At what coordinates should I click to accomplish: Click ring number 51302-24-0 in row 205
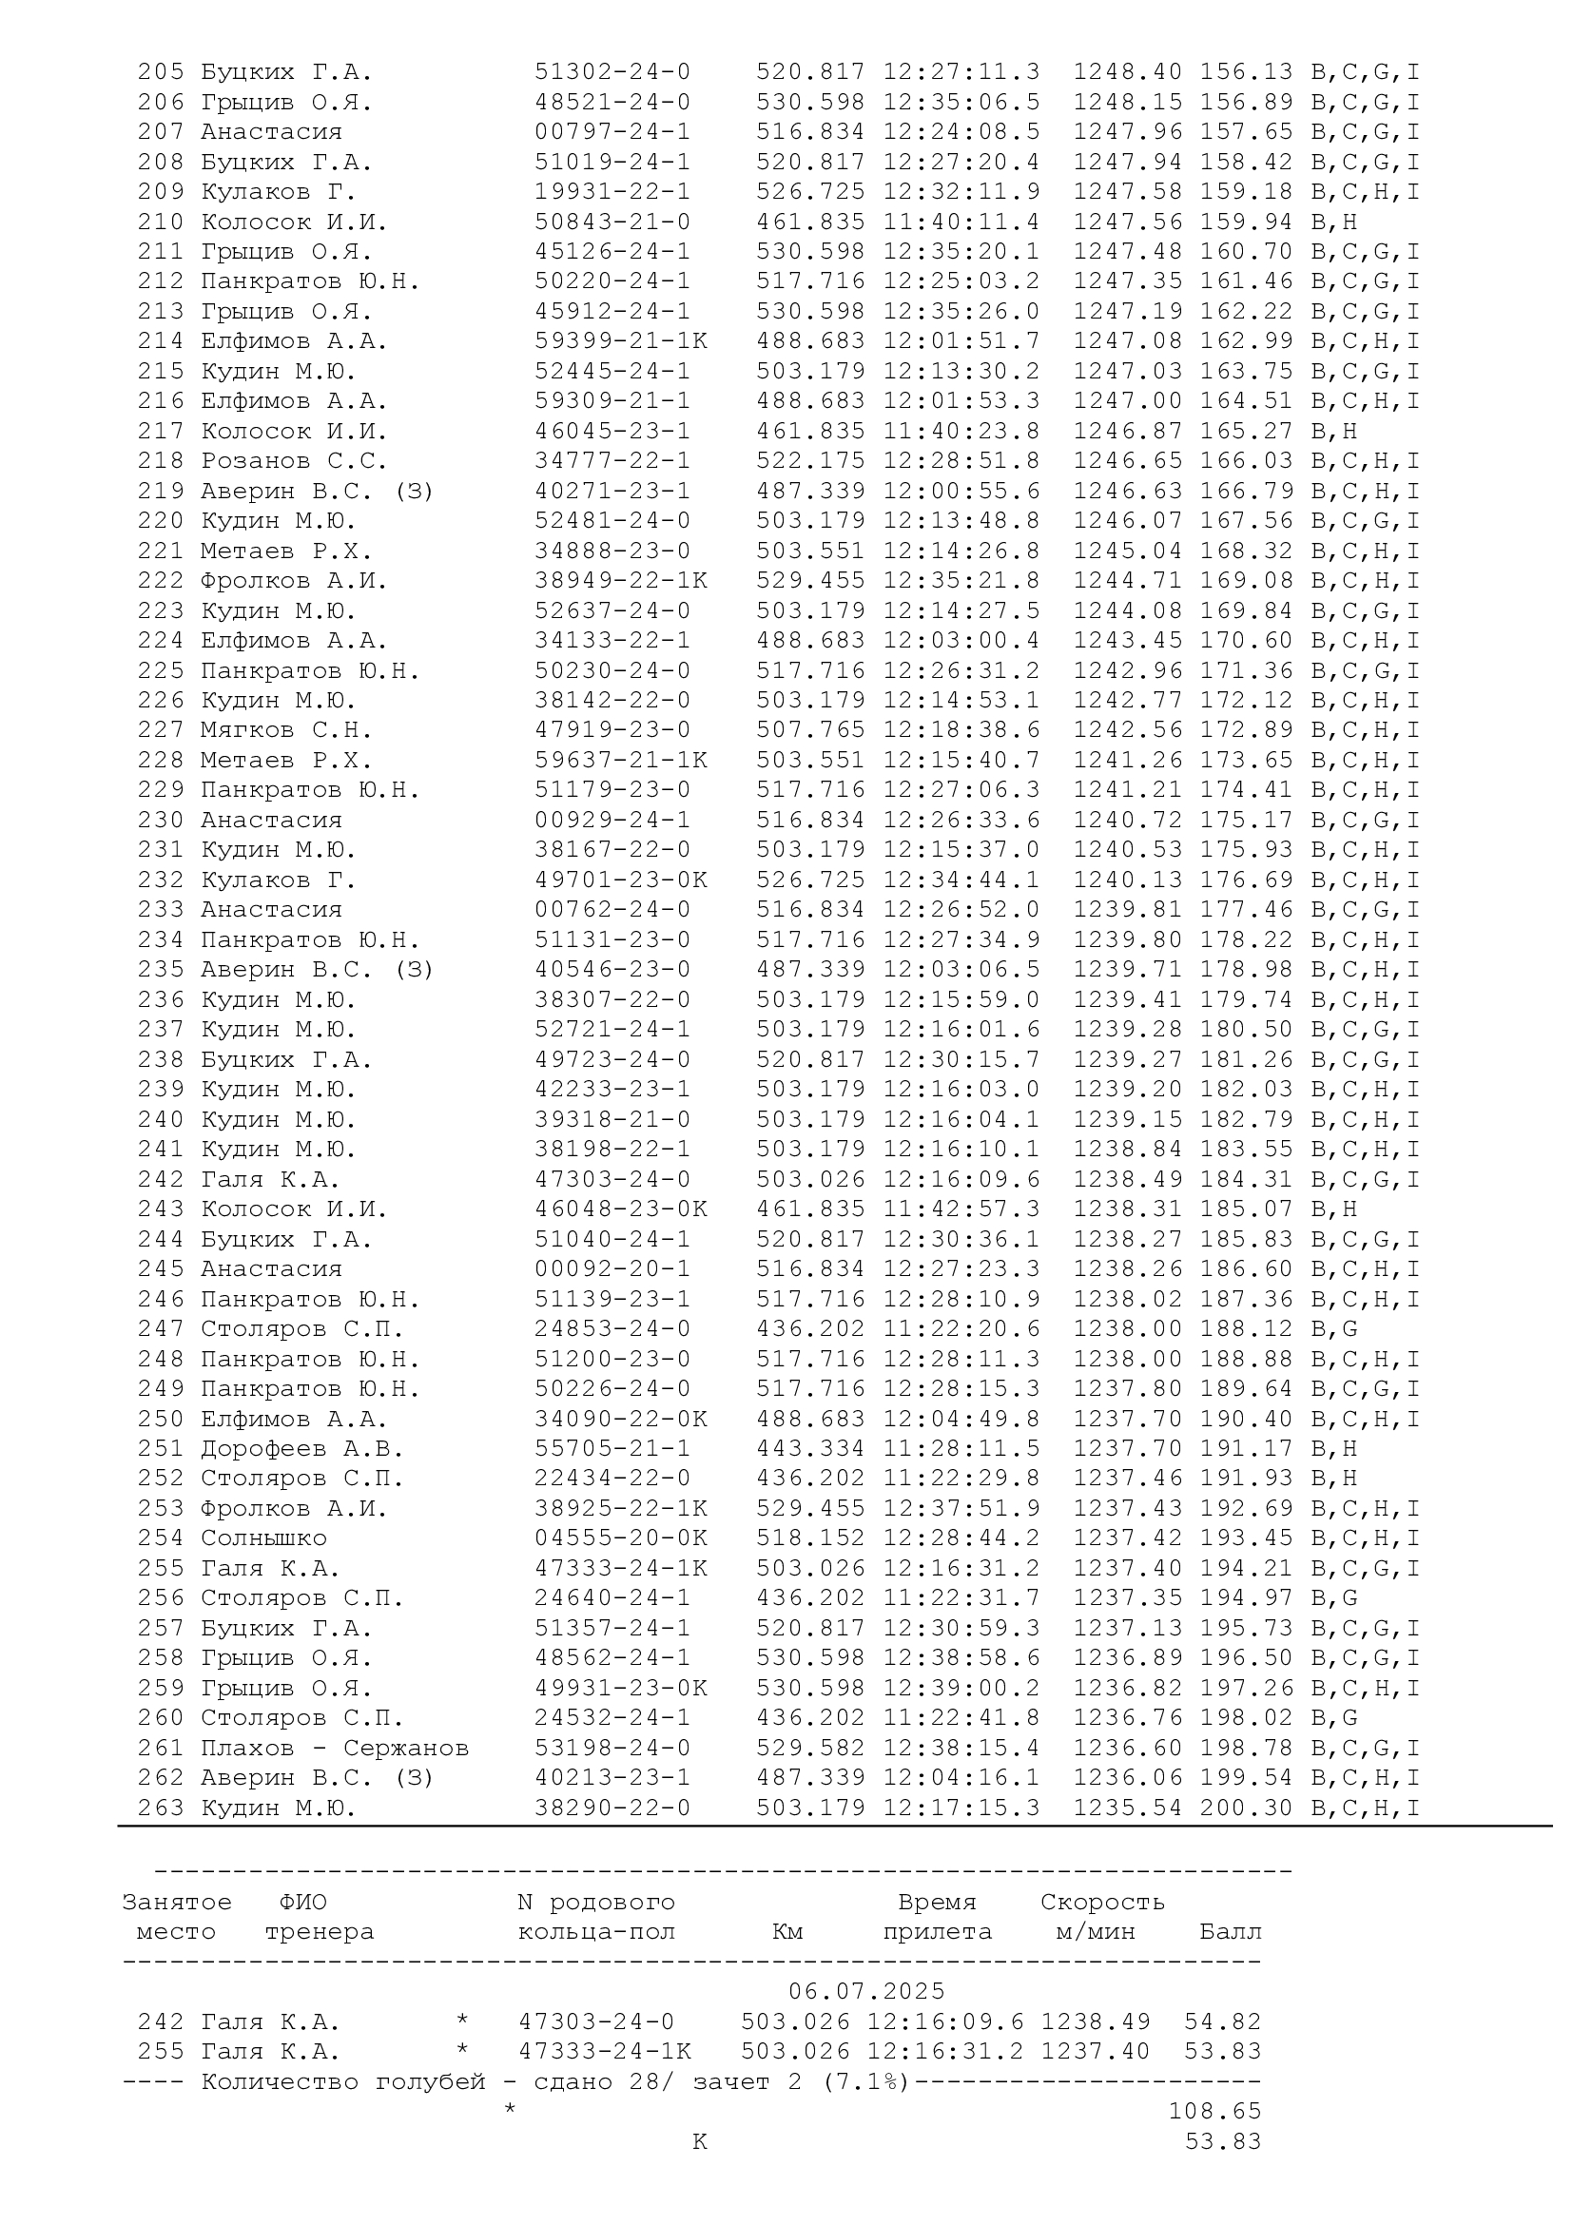612,72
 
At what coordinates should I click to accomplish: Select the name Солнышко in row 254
263,1538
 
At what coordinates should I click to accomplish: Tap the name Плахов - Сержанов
334,1749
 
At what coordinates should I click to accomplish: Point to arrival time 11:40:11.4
961,222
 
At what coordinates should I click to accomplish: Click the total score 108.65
1214,2112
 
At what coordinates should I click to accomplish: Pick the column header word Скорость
1102,1903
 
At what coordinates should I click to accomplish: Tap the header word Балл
1230,1932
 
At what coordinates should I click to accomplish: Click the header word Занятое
176,1903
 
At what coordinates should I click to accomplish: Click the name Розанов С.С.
294,461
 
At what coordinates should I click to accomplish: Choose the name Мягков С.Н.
285,730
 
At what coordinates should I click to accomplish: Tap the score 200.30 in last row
1246,1808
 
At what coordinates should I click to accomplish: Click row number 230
160,821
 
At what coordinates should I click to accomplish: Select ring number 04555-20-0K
621,1538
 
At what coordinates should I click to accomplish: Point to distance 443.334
809,1449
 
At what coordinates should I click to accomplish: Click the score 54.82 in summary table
1222,2021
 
